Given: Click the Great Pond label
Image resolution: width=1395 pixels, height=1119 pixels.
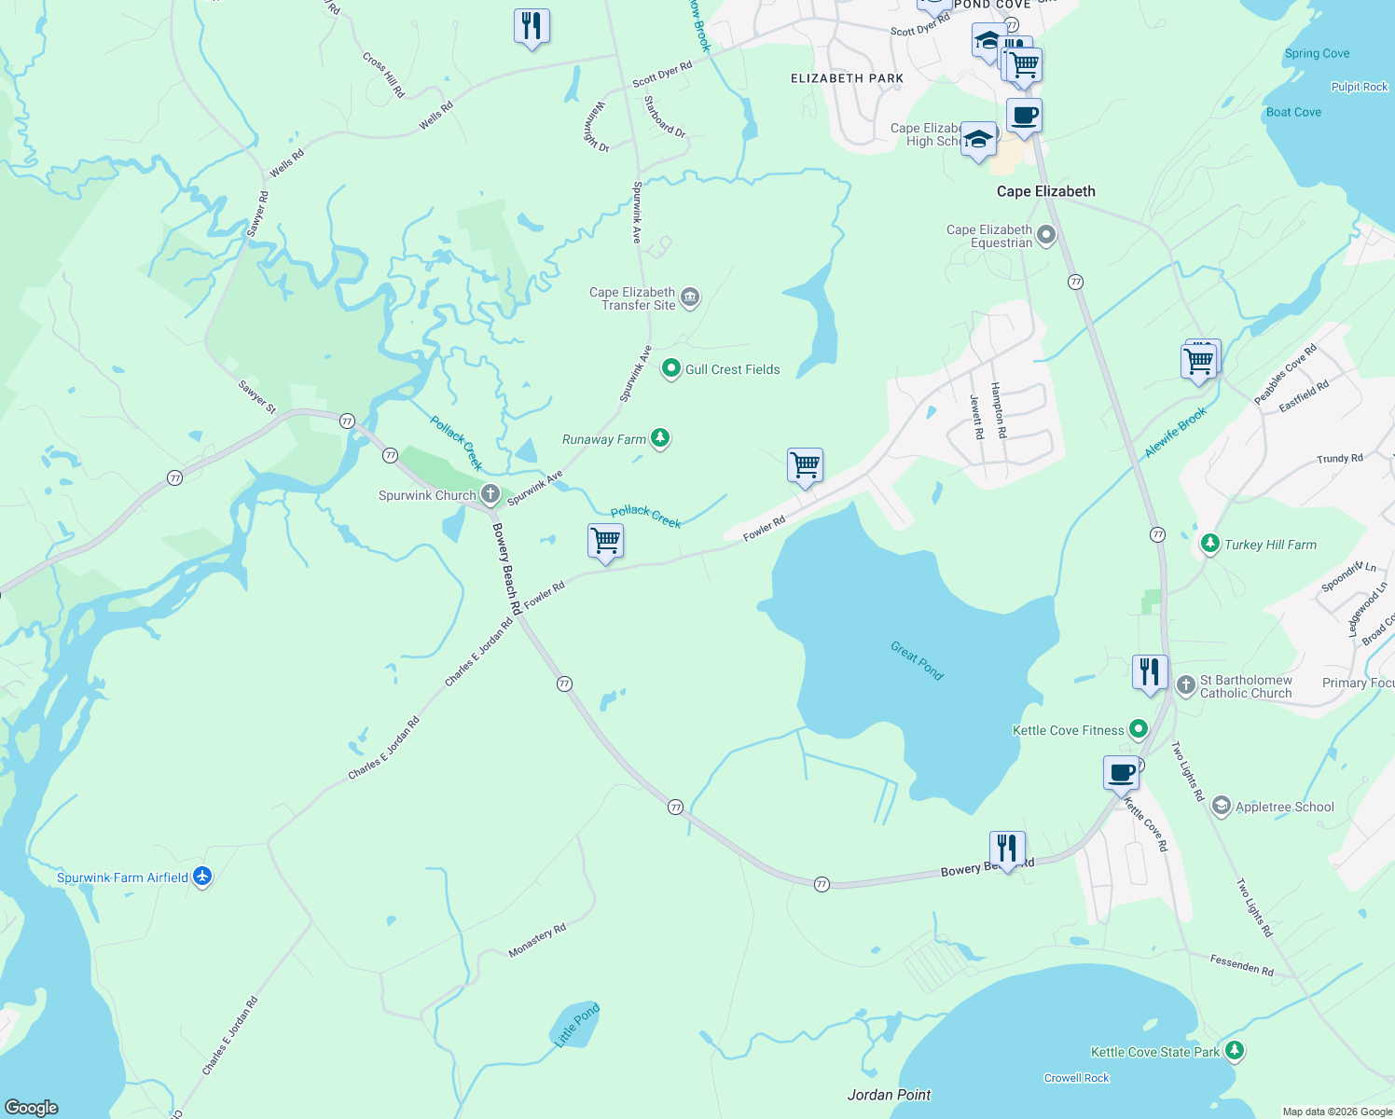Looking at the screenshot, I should [x=917, y=660].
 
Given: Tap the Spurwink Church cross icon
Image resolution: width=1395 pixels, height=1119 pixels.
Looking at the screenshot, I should [x=490, y=494].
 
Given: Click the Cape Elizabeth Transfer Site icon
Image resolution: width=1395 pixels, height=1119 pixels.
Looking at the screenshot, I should [x=690, y=298].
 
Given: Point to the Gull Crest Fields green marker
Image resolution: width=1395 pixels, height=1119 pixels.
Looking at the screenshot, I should [x=670, y=369].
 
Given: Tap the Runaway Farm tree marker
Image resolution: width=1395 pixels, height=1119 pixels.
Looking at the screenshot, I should [x=660, y=438].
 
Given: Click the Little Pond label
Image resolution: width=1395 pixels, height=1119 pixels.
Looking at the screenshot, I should [x=577, y=1025].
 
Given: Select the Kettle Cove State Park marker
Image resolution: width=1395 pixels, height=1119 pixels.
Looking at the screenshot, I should [x=1235, y=1051].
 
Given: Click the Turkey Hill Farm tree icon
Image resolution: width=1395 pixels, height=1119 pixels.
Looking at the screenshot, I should [x=1210, y=544].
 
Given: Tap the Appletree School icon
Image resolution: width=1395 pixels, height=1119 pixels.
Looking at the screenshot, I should [x=1222, y=807].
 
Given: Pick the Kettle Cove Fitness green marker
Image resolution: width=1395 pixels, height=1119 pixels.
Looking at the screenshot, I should [x=1139, y=729].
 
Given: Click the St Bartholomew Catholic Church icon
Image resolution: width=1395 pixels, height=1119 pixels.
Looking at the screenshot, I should [x=1186, y=685].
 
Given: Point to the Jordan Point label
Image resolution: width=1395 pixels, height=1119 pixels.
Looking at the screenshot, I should [x=889, y=1095].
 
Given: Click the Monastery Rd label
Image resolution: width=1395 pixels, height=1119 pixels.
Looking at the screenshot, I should [x=537, y=941].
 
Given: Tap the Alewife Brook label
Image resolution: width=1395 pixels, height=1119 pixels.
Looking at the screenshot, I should [x=1175, y=432].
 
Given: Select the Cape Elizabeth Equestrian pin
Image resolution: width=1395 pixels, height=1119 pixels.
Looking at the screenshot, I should [x=1046, y=235].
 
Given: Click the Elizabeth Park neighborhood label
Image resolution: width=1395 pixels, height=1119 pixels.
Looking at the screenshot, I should [x=847, y=78].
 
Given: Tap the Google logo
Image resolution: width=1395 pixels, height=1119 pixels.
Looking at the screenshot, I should [x=32, y=1107].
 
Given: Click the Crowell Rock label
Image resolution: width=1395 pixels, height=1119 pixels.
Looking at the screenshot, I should [x=1076, y=1078].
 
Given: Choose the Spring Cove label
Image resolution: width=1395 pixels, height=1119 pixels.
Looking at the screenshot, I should [x=1317, y=53].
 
